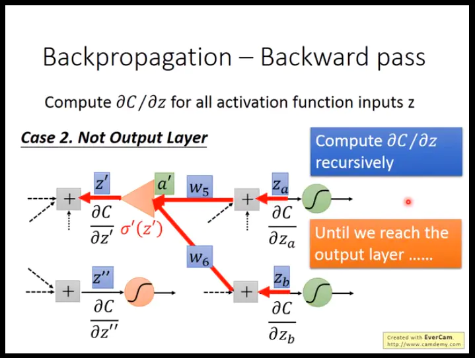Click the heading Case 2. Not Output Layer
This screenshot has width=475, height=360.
[x=114, y=138]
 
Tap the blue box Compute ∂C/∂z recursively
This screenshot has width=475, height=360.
[x=386, y=151]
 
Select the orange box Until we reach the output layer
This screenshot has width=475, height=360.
[x=386, y=243]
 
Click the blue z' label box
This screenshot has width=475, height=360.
[x=102, y=183]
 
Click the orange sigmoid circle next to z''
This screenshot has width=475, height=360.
[x=139, y=291]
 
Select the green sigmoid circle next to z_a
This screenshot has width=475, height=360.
[x=317, y=198]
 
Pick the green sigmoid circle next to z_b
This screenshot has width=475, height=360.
[x=317, y=291]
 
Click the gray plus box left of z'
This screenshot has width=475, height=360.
[x=67, y=198]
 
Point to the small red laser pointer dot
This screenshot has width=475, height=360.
[x=408, y=202]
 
